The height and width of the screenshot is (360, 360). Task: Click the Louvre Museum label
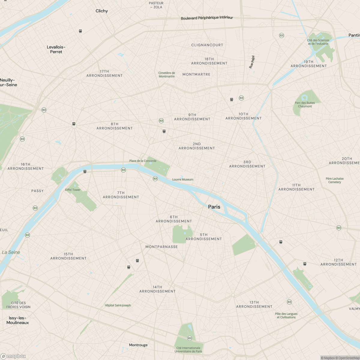click(183, 179)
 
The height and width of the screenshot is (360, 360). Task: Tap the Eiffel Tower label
click(73, 190)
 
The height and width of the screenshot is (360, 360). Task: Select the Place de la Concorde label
click(143, 161)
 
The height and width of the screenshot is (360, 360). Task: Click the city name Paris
click(214, 207)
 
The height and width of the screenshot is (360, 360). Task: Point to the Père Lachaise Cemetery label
click(335, 180)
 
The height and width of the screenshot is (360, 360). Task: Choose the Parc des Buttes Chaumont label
click(305, 104)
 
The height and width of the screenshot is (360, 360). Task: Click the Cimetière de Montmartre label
click(166, 75)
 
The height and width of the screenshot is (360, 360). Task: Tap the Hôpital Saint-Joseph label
click(118, 305)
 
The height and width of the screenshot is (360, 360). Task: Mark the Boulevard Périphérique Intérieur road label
click(207, 18)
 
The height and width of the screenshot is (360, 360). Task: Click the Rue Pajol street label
click(252, 62)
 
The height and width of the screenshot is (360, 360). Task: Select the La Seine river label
click(11, 252)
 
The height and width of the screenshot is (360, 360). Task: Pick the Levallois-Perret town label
click(56, 49)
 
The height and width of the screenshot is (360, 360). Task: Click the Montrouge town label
click(138, 345)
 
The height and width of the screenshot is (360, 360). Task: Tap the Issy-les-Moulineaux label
click(18, 320)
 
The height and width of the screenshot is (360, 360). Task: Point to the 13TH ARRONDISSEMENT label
click(254, 304)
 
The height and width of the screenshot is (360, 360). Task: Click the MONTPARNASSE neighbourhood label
click(162, 247)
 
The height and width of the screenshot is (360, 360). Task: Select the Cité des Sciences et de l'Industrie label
click(318, 42)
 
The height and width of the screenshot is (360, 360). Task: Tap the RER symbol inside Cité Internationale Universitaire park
click(190, 338)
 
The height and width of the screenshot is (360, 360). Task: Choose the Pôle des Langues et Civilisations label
click(286, 316)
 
